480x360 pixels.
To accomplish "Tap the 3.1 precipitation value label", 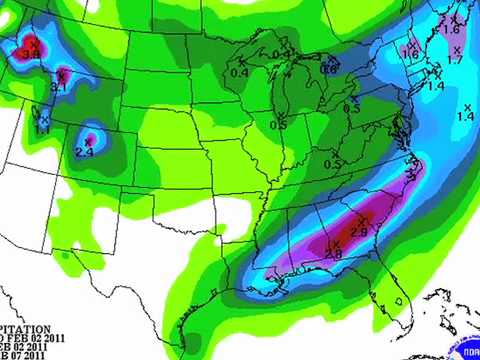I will pos(58,88).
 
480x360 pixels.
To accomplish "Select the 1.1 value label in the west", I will pos(42,130).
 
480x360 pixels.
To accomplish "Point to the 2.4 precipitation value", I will pos(84,152).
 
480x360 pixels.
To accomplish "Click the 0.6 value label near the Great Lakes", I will pos(329,68).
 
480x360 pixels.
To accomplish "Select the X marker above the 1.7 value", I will pos(456,49).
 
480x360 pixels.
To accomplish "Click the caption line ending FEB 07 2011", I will pos(30,352).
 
